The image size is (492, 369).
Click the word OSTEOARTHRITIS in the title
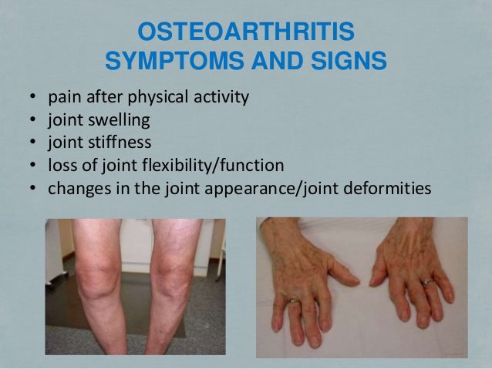click(x=246, y=32)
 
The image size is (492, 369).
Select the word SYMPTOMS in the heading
click(x=174, y=60)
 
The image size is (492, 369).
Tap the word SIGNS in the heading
click(x=349, y=60)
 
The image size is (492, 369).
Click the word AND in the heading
click(x=277, y=60)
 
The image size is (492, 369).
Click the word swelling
click(x=119, y=120)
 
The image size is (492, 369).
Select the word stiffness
click(x=120, y=142)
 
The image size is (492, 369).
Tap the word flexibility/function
click(x=213, y=166)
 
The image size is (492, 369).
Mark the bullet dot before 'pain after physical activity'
click(x=32, y=96)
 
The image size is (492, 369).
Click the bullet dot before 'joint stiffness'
click(x=32, y=143)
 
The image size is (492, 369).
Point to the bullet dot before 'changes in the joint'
click(x=32, y=189)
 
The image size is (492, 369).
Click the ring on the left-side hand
click(x=293, y=301)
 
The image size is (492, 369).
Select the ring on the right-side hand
click(x=426, y=281)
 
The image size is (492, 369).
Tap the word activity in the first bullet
click(x=221, y=97)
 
